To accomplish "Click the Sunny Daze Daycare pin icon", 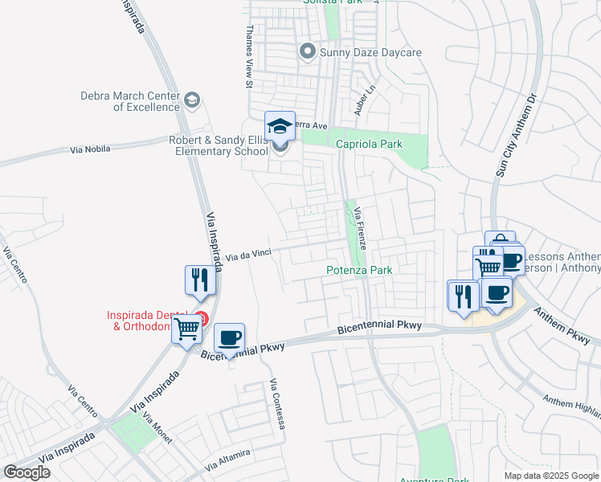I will tap(306, 52).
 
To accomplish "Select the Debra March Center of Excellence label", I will tap(129, 101).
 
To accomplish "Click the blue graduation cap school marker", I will tap(280, 126).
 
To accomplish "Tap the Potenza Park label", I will tap(359, 271).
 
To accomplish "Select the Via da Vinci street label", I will tap(247, 255).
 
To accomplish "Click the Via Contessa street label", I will tap(278, 403).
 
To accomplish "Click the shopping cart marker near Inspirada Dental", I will tap(187, 328).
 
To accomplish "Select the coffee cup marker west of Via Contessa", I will tap(230, 337).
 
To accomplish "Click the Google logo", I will tap(27, 472).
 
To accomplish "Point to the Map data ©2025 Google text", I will tap(551, 476).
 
